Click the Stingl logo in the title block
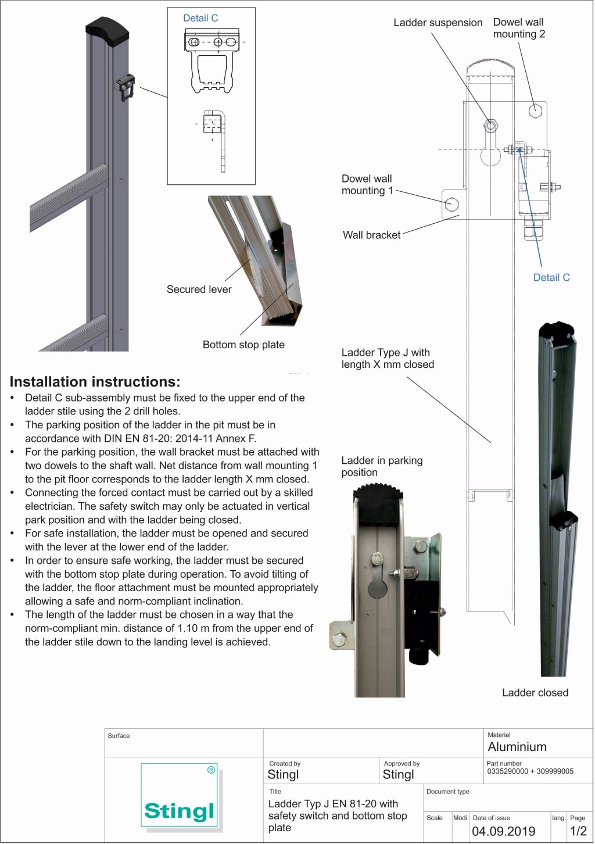(x=179, y=796)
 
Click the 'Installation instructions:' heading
(x=95, y=382)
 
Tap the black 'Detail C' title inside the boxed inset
(x=200, y=18)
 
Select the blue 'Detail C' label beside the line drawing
(x=551, y=277)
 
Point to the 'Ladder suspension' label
(x=438, y=23)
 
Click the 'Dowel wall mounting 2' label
(x=519, y=28)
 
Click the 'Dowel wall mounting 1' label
(x=367, y=184)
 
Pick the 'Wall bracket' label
(x=371, y=235)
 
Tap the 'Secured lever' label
(x=199, y=289)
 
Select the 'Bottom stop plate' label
(x=243, y=345)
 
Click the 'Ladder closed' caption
(x=535, y=692)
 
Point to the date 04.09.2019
(x=503, y=831)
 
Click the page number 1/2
(x=578, y=831)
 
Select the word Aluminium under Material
(x=517, y=747)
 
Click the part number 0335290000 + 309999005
(x=530, y=771)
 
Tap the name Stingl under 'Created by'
(x=283, y=774)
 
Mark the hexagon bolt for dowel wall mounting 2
(x=535, y=110)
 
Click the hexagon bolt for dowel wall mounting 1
(x=451, y=205)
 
